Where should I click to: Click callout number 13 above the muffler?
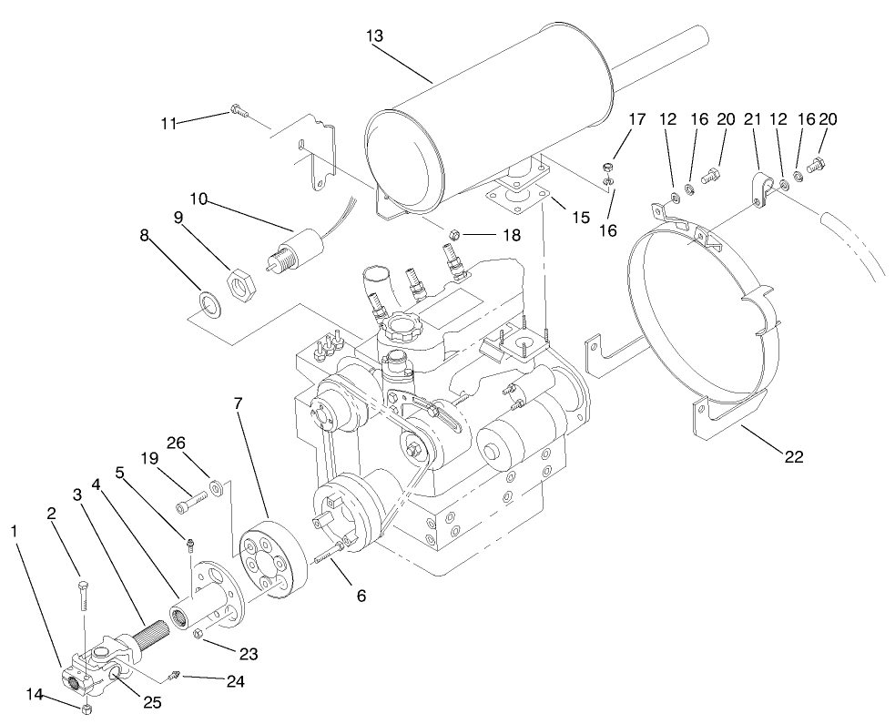374,36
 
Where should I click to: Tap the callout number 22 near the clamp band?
793,457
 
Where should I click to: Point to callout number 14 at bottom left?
36,694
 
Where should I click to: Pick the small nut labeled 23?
197,635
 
